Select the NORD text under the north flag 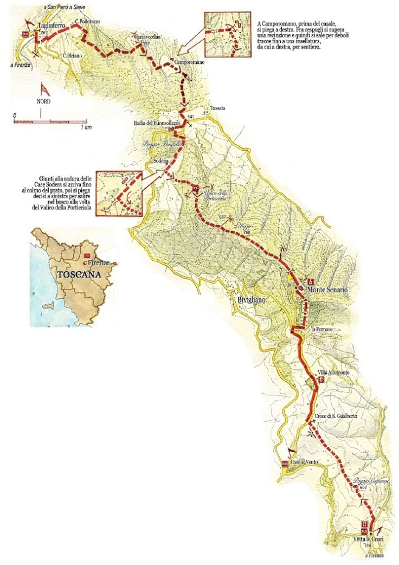tap(41, 101)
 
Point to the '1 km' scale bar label tap(85, 127)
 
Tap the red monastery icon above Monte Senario tap(311, 282)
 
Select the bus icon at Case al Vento tap(285, 464)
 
